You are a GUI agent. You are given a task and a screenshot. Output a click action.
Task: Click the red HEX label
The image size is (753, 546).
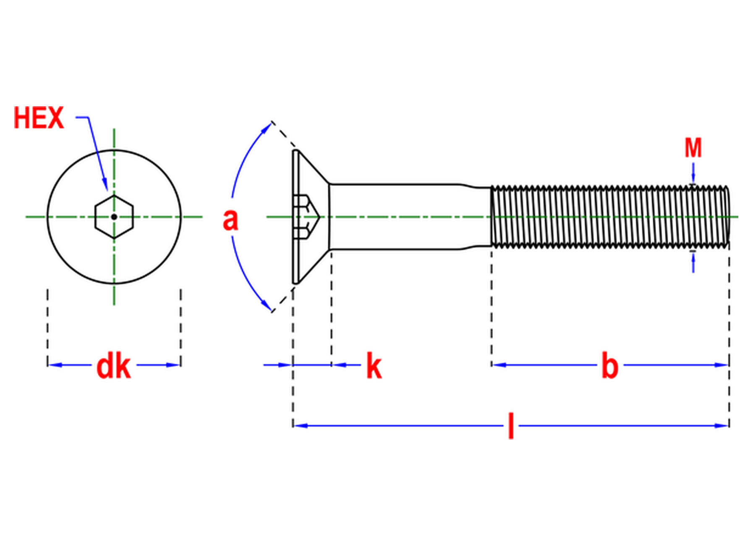click(39, 118)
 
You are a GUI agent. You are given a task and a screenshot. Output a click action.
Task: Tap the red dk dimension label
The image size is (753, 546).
click(113, 367)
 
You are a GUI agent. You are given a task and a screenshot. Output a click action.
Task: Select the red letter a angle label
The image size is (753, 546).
click(230, 220)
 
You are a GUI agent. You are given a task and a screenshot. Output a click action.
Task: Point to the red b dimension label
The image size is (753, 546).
click(610, 366)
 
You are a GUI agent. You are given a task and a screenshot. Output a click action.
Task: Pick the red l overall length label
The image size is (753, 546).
click(511, 426)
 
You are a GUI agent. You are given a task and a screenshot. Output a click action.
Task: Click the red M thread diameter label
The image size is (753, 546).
click(693, 148)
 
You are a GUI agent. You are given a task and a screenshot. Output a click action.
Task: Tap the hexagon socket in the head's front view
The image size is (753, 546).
click(114, 217)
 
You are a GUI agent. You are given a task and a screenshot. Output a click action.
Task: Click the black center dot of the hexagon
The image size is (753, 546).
click(114, 217)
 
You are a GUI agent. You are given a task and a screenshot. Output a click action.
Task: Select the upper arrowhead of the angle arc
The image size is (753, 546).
click(266, 128)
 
